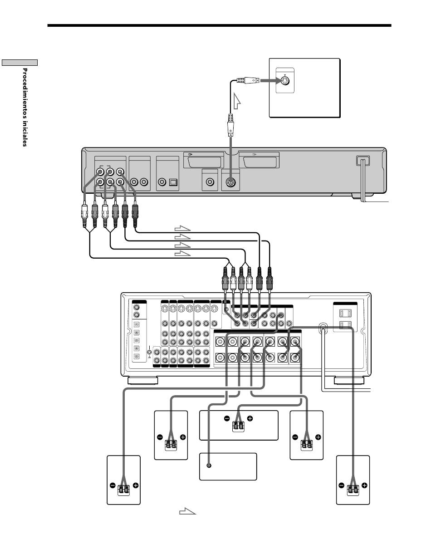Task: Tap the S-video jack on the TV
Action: click(x=285, y=81)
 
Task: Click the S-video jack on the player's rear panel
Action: click(x=231, y=182)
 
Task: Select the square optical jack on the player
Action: click(x=174, y=182)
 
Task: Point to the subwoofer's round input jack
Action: click(x=209, y=466)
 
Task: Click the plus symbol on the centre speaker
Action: click(x=250, y=418)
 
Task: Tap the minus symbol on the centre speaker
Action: click(x=227, y=418)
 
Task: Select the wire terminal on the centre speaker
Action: click(x=238, y=426)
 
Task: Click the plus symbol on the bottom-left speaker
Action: click(x=136, y=485)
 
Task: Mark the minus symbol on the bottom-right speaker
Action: click(x=342, y=485)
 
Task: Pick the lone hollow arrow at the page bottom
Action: click(x=187, y=511)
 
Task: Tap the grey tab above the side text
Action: click(x=20, y=63)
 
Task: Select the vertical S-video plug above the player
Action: click(x=230, y=125)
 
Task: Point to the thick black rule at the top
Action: click(x=219, y=25)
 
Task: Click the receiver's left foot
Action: click(x=142, y=381)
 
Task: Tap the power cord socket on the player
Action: click(x=362, y=161)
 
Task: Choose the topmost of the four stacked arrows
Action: click(x=182, y=228)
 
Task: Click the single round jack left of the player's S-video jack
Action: click(x=210, y=182)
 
